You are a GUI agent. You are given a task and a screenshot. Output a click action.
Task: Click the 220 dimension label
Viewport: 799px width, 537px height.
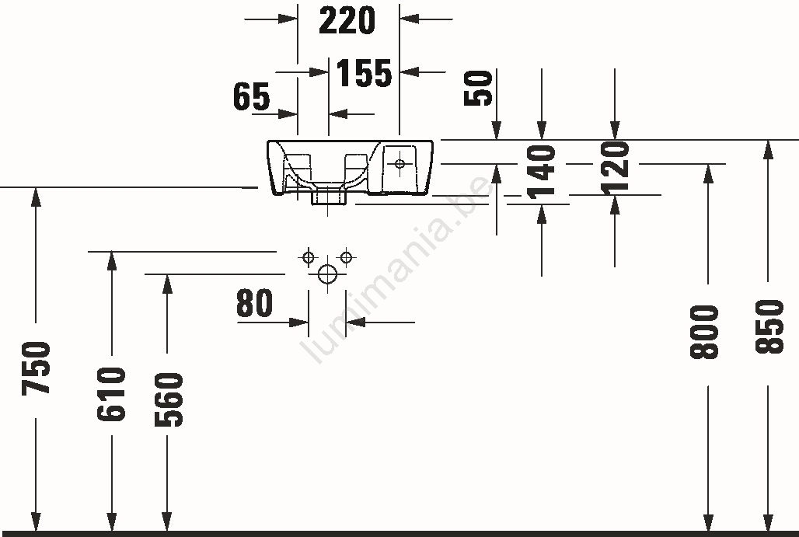coord(347,20)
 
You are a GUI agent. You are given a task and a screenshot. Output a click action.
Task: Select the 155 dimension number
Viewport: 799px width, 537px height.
coord(364,73)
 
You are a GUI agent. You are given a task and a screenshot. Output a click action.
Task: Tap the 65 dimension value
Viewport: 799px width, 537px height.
coord(252,96)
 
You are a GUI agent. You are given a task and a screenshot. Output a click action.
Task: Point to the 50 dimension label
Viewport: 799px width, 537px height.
coord(478,88)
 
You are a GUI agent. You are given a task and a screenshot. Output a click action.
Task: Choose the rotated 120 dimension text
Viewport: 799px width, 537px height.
coord(615,168)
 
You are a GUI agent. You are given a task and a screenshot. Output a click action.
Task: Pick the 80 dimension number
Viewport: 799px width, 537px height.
coord(255,303)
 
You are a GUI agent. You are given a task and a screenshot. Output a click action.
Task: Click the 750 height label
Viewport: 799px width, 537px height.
coord(36,368)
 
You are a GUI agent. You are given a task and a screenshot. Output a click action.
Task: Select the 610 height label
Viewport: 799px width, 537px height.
coord(111,394)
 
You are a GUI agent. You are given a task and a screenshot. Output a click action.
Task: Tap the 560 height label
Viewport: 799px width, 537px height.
coord(168,400)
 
